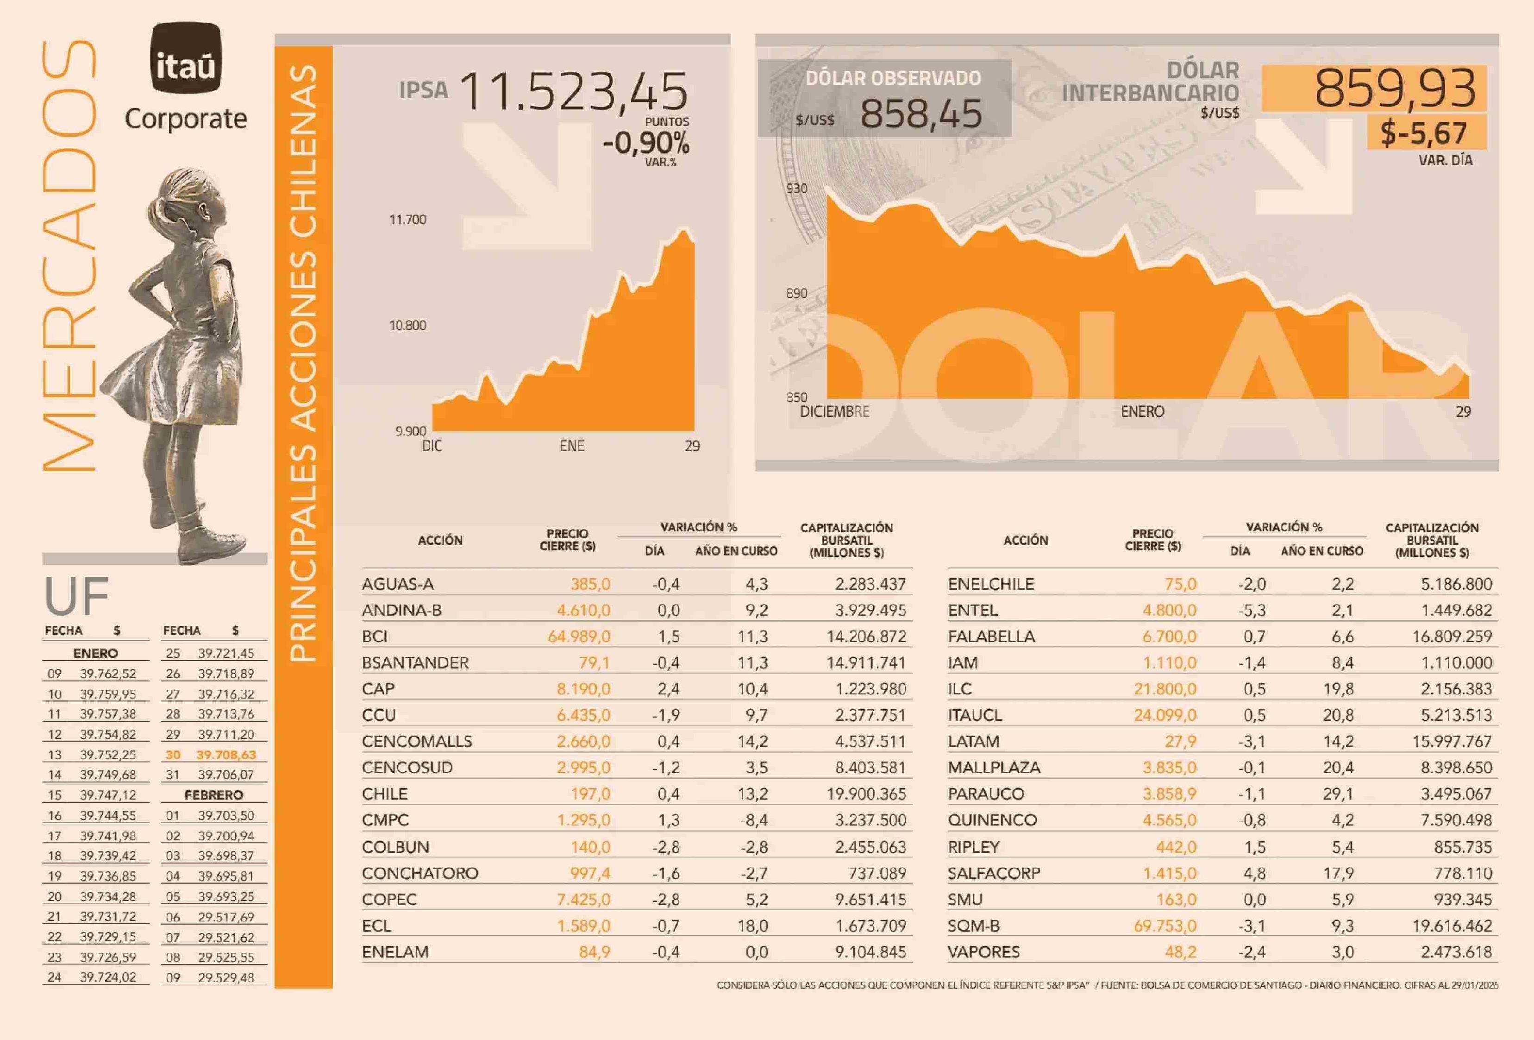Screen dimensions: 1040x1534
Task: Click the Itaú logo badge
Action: (x=186, y=58)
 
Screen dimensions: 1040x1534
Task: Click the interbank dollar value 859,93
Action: (x=1394, y=89)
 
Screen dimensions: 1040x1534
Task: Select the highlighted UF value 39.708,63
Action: (x=226, y=755)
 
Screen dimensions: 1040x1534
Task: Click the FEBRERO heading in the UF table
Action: (x=214, y=795)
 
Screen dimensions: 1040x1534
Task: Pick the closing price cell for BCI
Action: (x=579, y=637)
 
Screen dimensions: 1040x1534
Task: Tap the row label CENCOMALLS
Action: (x=417, y=742)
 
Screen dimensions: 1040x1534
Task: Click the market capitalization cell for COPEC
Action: (x=870, y=899)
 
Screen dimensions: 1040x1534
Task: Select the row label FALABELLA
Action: (x=991, y=637)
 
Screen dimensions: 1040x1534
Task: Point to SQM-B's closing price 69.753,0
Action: (x=1165, y=926)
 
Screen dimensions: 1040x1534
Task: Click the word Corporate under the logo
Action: (x=186, y=120)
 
